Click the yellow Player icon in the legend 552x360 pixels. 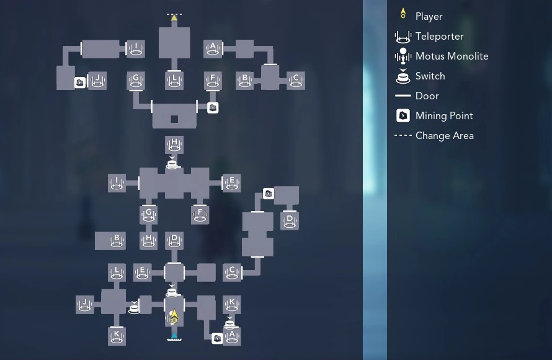[x=403, y=14]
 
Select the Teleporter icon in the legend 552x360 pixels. [x=403, y=37]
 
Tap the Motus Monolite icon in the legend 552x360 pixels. [x=403, y=56]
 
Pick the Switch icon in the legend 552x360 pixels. [x=403, y=76]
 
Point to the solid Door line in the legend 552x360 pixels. [x=403, y=96]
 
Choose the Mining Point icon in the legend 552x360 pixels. [x=403, y=115]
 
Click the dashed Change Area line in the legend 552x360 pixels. [x=403, y=135]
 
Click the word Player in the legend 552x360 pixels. [x=429, y=17]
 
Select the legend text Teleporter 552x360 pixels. [x=439, y=37]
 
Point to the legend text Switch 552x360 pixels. [x=430, y=76]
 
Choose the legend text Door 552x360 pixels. [x=427, y=96]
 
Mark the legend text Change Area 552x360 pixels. [x=444, y=136]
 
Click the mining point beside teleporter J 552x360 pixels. [x=80, y=83]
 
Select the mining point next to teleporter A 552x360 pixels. [x=217, y=338]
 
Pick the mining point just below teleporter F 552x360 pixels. [x=213, y=108]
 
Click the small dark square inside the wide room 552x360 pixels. [x=174, y=119]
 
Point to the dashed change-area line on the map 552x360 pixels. [x=174, y=14]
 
